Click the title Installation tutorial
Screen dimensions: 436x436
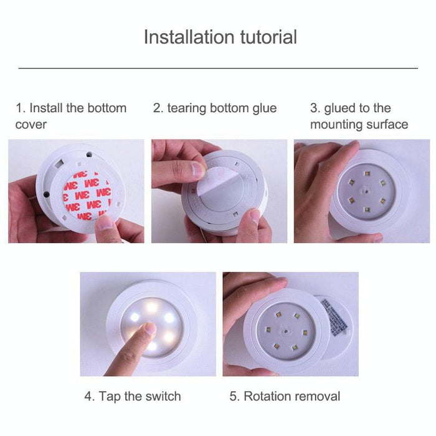coord(220,37)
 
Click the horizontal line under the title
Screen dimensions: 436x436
coord(218,68)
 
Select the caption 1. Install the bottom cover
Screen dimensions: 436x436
coord(71,116)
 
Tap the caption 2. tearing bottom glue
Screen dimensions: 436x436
coord(215,108)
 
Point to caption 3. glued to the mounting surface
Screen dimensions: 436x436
coord(359,116)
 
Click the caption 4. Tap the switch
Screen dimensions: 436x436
coord(133,396)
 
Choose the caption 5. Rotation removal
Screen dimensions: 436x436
coord(285,396)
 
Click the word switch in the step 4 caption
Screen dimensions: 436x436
coord(162,396)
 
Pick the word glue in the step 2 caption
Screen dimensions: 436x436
coord(263,108)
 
